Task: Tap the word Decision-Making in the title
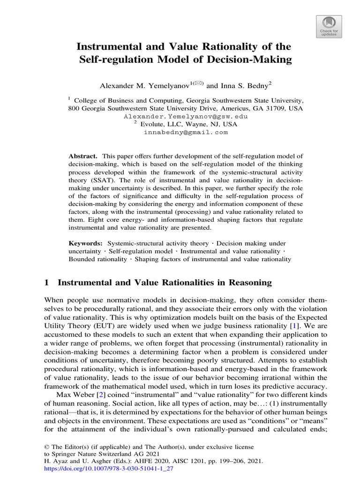[x=252, y=60]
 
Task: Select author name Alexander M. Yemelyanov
[x=143, y=86]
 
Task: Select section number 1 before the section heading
[x=46, y=282]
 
